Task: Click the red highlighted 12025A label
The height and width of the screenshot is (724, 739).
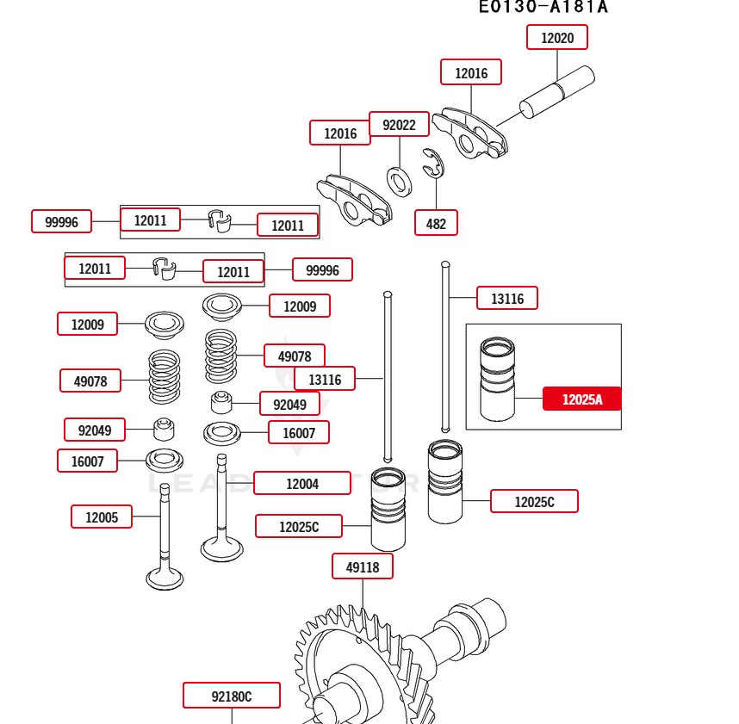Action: pyautogui.click(x=581, y=399)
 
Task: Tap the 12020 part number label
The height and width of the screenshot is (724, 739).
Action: pyautogui.click(x=557, y=38)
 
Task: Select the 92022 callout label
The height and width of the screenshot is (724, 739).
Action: pyautogui.click(x=399, y=125)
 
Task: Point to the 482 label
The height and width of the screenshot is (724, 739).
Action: pyautogui.click(x=436, y=224)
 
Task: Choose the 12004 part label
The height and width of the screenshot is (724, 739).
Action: pyautogui.click(x=302, y=484)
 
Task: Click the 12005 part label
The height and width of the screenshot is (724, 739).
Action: pyautogui.click(x=102, y=517)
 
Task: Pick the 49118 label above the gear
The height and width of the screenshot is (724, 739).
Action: pyautogui.click(x=363, y=566)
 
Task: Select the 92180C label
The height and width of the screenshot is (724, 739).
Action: pyautogui.click(x=232, y=696)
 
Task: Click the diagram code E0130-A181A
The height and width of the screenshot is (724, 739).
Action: pyautogui.click(x=543, y=7)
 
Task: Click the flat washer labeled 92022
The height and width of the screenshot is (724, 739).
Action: pyautogui.click(x=399, y=180)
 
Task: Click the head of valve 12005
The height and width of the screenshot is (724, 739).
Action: pyautogui.click(x=165, y=578)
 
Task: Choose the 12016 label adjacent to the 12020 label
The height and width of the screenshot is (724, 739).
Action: pyautogui.click(x=471, y=73)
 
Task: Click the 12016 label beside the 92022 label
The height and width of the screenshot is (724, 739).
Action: pyautogui.click(x=340, y=133)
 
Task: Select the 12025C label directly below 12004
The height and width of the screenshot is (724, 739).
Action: pyautogui.click(x=299, y=526)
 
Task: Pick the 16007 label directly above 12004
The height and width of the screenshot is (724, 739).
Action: pyautogui.click(x=299, y=433)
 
